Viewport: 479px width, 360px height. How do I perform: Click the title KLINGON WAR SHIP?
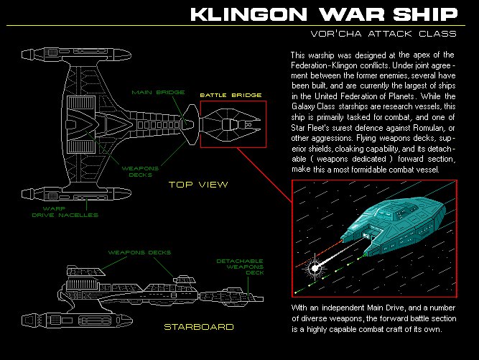pyautogui.click(x=324, y=14)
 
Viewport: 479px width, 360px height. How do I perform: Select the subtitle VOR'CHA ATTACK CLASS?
pyautogui.click(x=383, y=34)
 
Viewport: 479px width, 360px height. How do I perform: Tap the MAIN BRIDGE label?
pyautogui.click(x=158, y=92)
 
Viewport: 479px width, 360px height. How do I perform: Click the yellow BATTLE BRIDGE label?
pyautogui.click(x=231, y=95)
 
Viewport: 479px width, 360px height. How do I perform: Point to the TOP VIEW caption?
pyautogui.click(x=198, y=185)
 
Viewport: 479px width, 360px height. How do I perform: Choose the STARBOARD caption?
pyautogui.click(x=199, y=327)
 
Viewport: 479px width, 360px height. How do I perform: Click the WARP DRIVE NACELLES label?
pyautogui.click(x=65, y=212)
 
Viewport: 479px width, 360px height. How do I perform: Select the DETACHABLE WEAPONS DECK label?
pyautogui.click(x=240, y=267)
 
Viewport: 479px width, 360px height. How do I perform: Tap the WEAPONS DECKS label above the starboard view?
pyautogui.click(x=139, y=252)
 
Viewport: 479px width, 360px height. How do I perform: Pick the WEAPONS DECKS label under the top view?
pyautogui.click(x=140, y=172)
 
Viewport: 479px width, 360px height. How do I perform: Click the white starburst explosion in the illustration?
pyautogui.click(x=315, y=268)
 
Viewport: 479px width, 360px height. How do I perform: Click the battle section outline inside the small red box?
pyautogui.click(x=231, y=124)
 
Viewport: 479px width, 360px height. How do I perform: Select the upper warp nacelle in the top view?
pyautogui.click(x=76, y=55)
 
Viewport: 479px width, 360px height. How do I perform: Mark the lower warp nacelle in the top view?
pyautogui.click(x=76, y=194)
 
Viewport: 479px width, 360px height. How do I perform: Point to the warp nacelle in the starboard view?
pyautogui.click(x=77, y=320)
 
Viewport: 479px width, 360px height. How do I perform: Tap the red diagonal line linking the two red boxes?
pyautogui.click(x=264, y=175)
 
